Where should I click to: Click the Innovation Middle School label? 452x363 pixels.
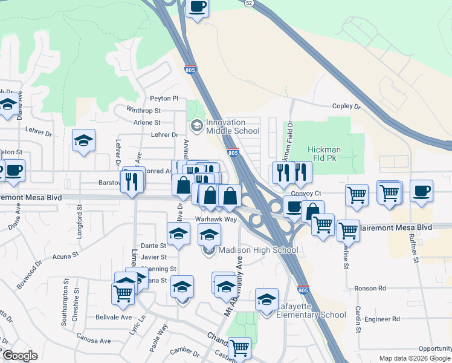click(233, 126)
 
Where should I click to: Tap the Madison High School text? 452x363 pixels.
click(258, 250)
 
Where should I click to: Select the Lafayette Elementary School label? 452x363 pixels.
click(311, 311)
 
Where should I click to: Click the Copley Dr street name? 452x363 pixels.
click(346, 106)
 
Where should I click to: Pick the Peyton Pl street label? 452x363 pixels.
click(164, 98)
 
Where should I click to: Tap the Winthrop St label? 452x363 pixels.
click(143, 111)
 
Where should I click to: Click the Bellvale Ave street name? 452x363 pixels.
click(114, 317)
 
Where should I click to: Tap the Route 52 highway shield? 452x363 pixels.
click(250, 3)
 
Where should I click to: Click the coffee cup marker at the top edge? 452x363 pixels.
click(198, 8)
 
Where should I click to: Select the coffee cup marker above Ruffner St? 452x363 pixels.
click(421, 191)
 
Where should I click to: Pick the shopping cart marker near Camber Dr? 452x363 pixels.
click(239, 348)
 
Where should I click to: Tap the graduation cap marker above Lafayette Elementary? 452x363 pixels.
click(266, 299)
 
